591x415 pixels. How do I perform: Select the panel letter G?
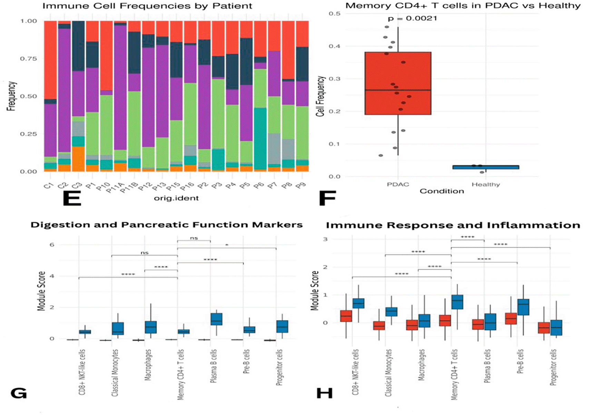tap(19, 393)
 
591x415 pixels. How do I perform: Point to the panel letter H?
tap(324, 393)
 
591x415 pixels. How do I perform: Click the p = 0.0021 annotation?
tap(412, 19)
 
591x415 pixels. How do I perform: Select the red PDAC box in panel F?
tap(398, 83)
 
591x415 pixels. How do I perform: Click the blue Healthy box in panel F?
tap(486, 167)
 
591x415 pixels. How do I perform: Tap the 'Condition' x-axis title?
tap(442, 191)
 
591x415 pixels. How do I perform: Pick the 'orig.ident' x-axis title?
tap(176, 198)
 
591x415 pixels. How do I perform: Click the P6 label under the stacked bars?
tap(258, 186)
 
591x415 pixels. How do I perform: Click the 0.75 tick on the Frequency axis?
tap(28, 59)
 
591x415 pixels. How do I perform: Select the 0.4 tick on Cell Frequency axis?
tap(334, 46)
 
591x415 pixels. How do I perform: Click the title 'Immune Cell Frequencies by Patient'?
tap(147, 6)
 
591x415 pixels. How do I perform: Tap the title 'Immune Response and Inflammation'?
tap(453, 225)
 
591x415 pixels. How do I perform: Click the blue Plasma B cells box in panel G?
tap(216, 319)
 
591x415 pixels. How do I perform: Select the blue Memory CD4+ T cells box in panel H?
tap(457, 302)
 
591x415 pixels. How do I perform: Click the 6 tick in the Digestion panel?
tap(52, 245)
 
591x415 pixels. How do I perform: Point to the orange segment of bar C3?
tap(78, 159)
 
